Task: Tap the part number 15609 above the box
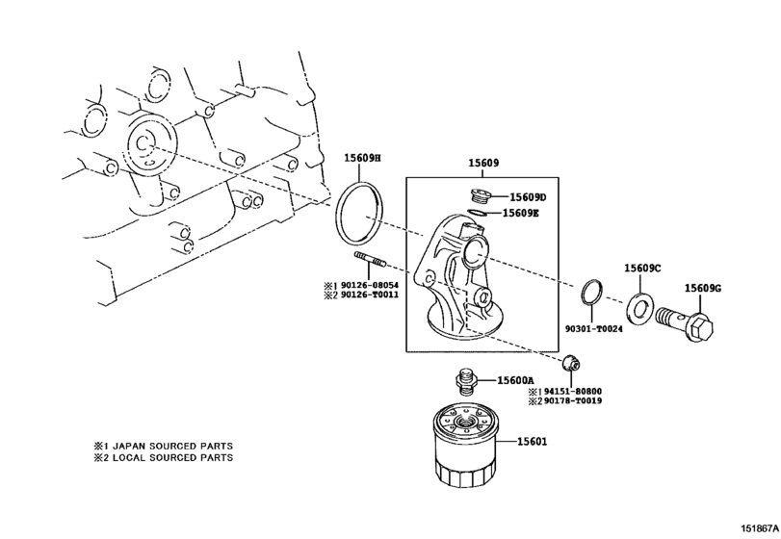482,164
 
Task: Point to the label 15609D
527,197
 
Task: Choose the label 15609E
520,213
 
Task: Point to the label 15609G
703,288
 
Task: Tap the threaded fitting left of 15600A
466,380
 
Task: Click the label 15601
532,441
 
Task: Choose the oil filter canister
461,449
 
